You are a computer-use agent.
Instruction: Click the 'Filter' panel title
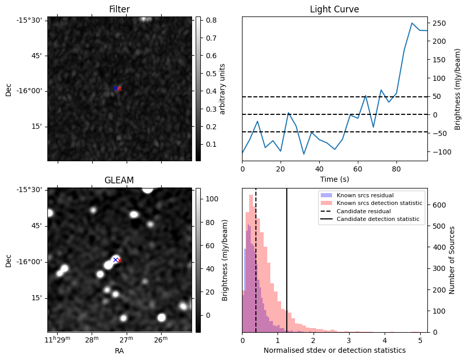pos(119,9)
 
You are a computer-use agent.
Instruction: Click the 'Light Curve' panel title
pos(334,9)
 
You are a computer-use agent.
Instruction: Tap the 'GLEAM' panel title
pos(119,180)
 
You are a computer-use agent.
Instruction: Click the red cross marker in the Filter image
pos(119,89)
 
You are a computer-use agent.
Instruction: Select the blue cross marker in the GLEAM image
pos(115,260)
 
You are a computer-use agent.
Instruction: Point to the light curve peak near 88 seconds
pos(412,23)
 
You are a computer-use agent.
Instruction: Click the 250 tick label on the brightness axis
pos(441,23)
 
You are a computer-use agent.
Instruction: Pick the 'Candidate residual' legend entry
pos(365,211)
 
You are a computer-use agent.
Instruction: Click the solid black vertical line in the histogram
pos(287,268)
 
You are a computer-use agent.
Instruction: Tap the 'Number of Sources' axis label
pos(453,260)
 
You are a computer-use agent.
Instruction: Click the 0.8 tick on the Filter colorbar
pos(211,20)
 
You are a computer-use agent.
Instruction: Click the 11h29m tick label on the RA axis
pos(57,339)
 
